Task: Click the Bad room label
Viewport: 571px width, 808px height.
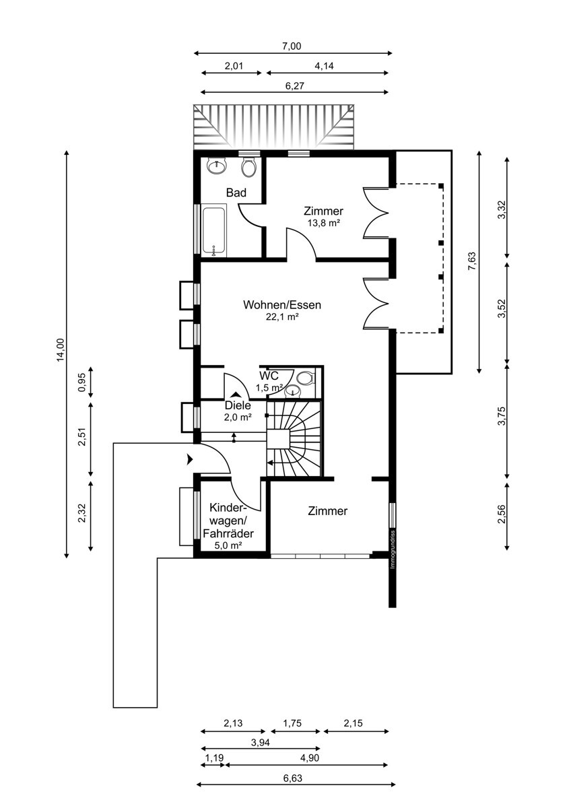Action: click(x=236, y=193)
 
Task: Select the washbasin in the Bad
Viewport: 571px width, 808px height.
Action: click(x=216, y=166)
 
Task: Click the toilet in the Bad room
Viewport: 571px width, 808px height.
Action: click(x=248, y=167)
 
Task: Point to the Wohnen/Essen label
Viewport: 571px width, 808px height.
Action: click(x=282, y=305)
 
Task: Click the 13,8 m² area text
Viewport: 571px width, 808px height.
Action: click(x=324, y=223)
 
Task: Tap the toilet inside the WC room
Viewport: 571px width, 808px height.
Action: click(x=305, y=378)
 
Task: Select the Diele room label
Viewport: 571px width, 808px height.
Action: click(x=238, y=405)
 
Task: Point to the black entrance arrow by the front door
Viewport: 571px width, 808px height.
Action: click(x=190, y=459)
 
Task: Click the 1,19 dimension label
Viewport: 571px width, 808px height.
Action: click(x=214, y=756)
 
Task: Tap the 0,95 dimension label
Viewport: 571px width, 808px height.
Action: click(x=82, y=382)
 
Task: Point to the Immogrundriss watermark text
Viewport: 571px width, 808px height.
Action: click(x=393, y=549)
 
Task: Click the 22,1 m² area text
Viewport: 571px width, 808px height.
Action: click(x=282, y=316)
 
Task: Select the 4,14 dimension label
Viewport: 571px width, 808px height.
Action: click(x=325, y=66)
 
